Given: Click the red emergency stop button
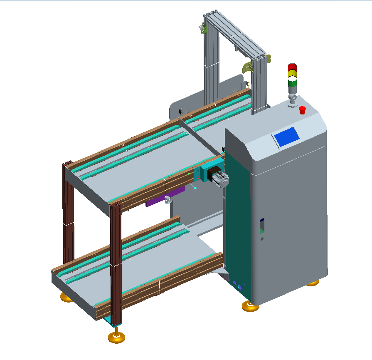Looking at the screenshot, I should click(x=302, y=110).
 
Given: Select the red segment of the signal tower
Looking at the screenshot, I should click(x=292, y=67).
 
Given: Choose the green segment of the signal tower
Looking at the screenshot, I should click(x=292, y=82).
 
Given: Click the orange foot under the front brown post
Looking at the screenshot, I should click(x=117, y=337).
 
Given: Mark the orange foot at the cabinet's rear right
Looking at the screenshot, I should click(x=313, y=283).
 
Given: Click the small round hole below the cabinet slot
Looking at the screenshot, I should click(x=262, y=239).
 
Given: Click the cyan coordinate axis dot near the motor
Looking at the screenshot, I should click(x=195, y=188).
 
